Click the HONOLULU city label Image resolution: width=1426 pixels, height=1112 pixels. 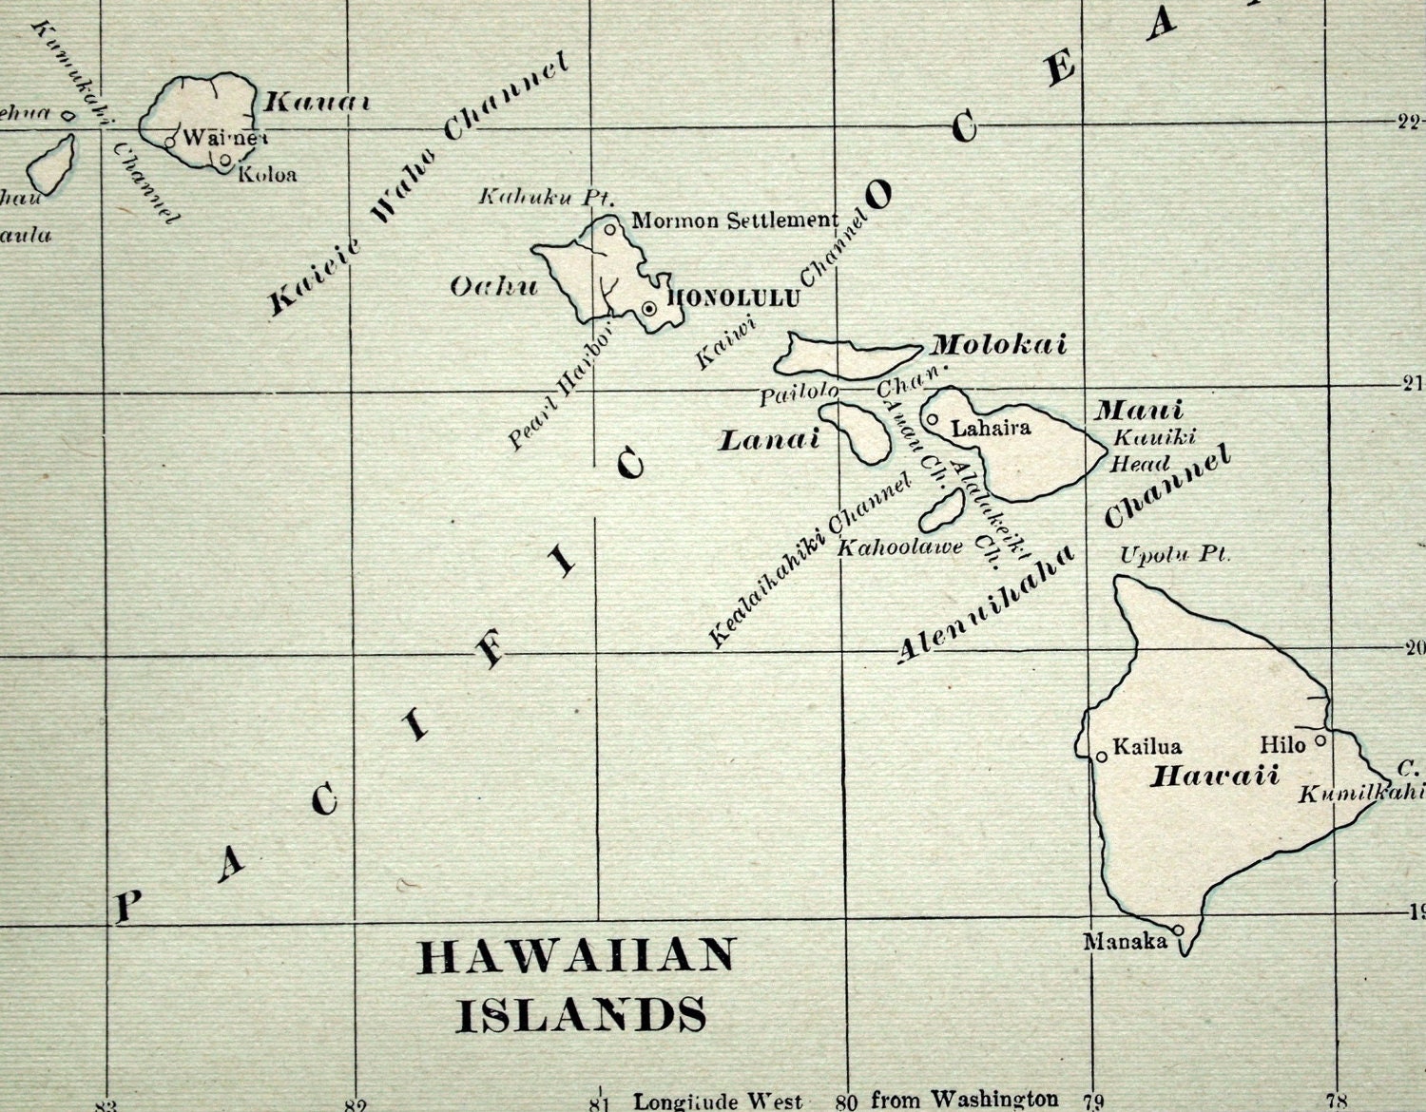[735, 298]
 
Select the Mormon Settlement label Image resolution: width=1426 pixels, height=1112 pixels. [735, 221]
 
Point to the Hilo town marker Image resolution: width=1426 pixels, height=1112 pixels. [1320, 740]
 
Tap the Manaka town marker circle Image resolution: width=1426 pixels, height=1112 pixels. [1178, 930]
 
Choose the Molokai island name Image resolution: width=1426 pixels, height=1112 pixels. [999, 345]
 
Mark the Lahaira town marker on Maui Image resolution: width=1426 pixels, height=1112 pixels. [933, 419]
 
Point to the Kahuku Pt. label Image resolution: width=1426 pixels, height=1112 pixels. [547, 198]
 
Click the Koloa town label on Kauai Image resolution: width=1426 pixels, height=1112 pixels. [267, 175]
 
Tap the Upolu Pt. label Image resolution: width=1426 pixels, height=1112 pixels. [1175, 555]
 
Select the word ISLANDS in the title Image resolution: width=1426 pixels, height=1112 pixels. [582, 1014]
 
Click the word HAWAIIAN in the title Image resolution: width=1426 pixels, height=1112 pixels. [578, 957]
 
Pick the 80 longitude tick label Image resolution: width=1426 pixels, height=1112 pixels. [847, 1102]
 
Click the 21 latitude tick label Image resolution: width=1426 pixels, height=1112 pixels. [1412, 384]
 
